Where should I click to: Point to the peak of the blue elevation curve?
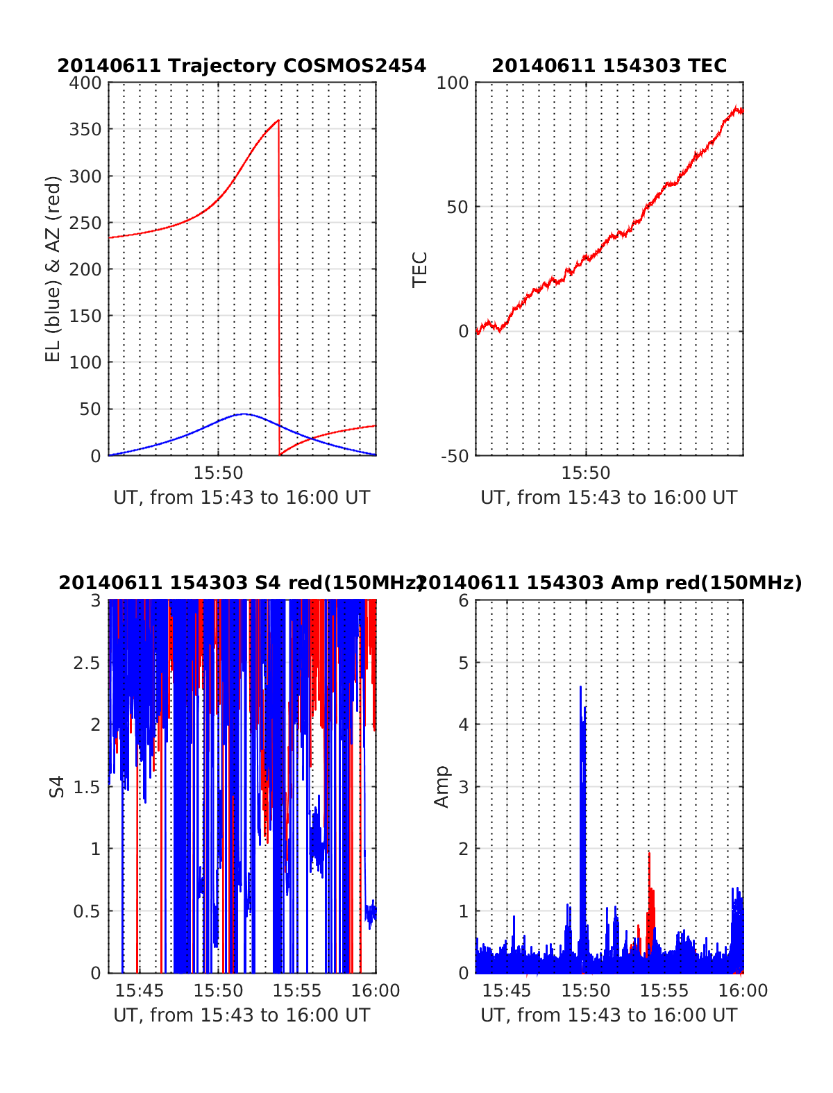(244, 414)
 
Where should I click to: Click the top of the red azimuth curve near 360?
(278, 120)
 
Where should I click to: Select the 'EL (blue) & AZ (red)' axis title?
(53, 269)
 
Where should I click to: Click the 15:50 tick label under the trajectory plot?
(218, 473)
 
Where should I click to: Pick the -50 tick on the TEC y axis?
(455, 456)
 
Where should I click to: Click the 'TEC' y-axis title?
(421, 269)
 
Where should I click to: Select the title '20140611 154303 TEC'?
(609, 66)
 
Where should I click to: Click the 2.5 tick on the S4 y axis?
(87, 663)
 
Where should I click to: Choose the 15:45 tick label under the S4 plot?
(140, 990)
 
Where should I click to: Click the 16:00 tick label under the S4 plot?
(376, 990)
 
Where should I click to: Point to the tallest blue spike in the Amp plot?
(580, 686)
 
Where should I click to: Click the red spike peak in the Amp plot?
(649, 853)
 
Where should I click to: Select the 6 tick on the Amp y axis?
(464, 601)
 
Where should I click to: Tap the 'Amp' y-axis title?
(441, 787)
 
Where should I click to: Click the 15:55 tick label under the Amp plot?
(664, 990)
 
